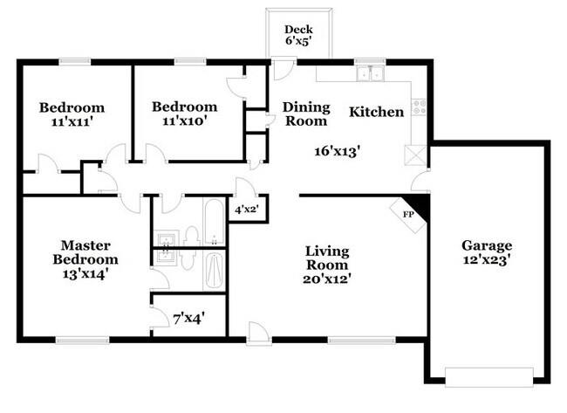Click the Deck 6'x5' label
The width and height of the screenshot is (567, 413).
coord(298,35)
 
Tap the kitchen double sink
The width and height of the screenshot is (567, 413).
coord(370,73)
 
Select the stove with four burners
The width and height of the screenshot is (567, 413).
coord(419,107)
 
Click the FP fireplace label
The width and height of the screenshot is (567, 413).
coord(408,215)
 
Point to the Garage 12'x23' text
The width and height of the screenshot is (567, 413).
coord(487,252)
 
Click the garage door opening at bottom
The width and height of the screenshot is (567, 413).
coord(488,377)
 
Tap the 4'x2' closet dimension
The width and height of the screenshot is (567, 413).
coord(247,210)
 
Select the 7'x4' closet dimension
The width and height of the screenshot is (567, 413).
coord(189,319)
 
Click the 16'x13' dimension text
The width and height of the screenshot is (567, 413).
coord(338,151)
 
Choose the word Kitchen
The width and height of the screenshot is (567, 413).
coord(377,112)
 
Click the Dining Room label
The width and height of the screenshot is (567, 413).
coord(306,114)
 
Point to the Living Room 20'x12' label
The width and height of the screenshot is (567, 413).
coord(327,265)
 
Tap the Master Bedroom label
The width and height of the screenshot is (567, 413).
coord(85,259)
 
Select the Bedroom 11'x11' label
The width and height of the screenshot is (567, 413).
coord(72,114)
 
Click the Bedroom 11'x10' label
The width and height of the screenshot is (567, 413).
coord(184,114)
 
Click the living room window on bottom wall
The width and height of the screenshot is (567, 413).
coord(362,341)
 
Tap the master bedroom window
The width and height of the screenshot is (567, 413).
coord(83,341)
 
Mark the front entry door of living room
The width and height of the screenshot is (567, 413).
coord(259,334)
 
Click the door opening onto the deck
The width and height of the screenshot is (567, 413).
coord(283,68)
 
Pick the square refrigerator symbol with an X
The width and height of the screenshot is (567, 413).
coord(415,155)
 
